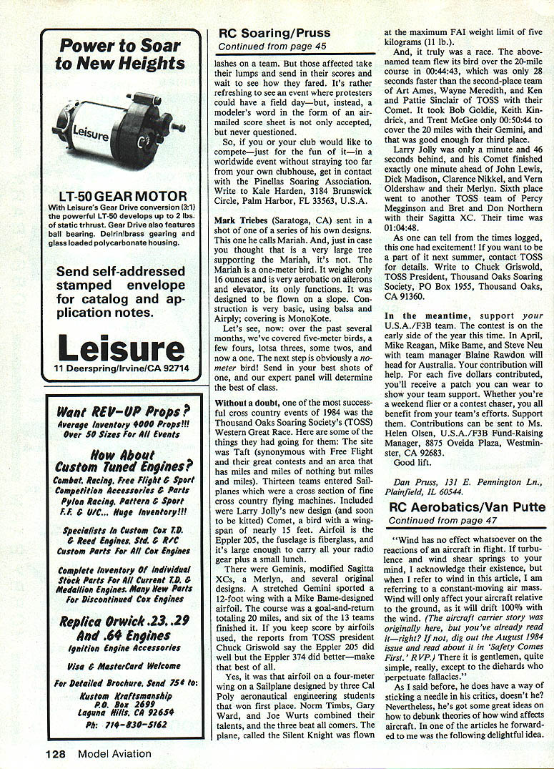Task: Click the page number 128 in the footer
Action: [x=57, y=753]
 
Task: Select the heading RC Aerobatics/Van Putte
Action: [x=468, y=506]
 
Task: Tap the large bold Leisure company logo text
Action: [x=121, y=349]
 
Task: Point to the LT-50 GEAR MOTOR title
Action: [x=121, y=196]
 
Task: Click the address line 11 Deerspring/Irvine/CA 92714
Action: [x=121, y=368]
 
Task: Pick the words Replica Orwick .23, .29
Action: [x=121, y=620]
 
